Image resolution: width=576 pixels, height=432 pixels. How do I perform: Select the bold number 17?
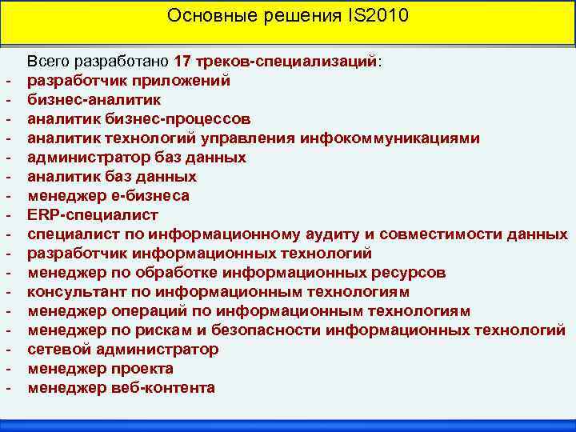tap(182, 61)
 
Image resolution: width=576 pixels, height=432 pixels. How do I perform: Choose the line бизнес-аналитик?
tap(94, 99)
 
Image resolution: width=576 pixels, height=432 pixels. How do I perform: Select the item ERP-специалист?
tap(93, 214)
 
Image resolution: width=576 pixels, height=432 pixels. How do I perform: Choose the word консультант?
tap(77, 291)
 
